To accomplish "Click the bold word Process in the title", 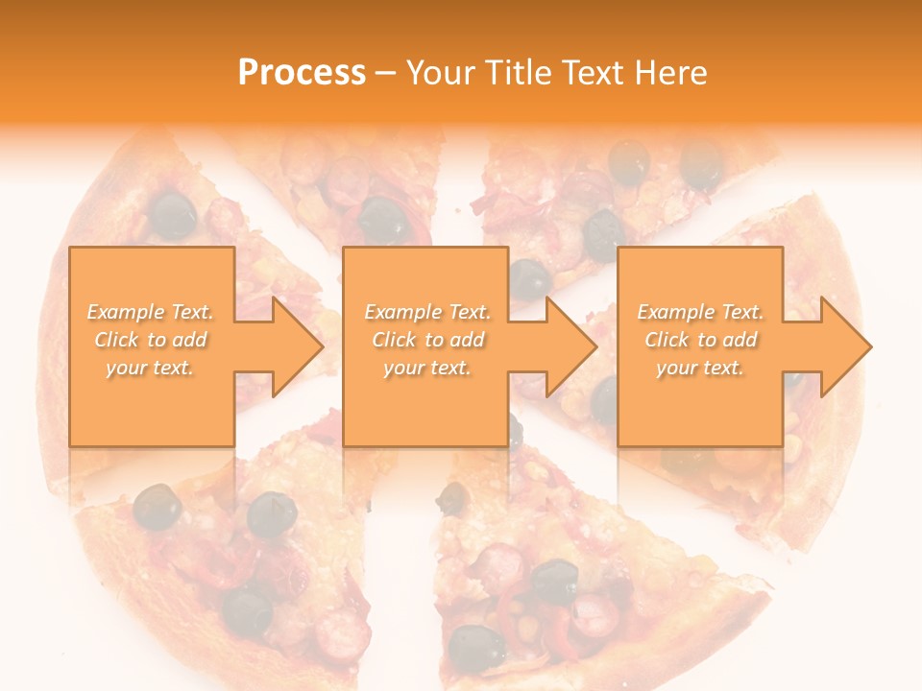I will coord(302,72).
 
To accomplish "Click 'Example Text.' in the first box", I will coord(151,312).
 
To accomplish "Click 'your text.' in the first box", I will coord(151,368).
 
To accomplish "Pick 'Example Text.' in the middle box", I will coord(427,312).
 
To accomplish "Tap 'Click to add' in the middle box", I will coord(427,340).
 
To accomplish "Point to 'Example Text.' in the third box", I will coord(700,312).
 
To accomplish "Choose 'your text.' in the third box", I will coord(700,368).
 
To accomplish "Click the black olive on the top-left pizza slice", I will coord(172,213).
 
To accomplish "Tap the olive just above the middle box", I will coord(383,220).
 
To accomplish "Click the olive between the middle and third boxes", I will coord(529,278).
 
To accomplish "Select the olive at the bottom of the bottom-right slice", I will coord(476,646).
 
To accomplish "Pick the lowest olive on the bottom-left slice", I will coord(247,612).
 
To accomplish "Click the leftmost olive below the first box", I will coord(156,507).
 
